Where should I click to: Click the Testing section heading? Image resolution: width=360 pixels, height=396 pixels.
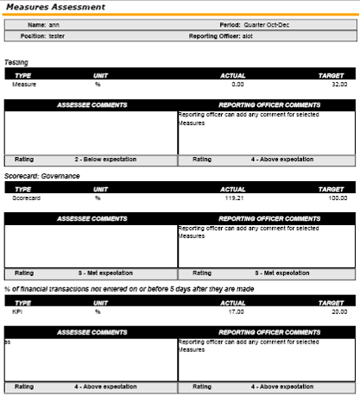point(16,62)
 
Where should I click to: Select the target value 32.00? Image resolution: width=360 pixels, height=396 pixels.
point(338,85)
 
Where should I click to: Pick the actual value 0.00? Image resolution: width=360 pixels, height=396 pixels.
point(237,85)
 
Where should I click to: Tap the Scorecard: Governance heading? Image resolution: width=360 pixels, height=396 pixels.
point(41,176)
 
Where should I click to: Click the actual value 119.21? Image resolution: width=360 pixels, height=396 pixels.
point(234,198)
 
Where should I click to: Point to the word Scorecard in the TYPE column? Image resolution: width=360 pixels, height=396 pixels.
point(27,198)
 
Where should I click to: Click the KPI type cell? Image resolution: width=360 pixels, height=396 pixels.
point(17,311)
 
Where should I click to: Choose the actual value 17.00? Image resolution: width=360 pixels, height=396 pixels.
point(236,311)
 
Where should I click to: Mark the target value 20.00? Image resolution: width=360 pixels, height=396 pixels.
point(338,311)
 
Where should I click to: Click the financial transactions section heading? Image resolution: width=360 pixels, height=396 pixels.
point(129,289)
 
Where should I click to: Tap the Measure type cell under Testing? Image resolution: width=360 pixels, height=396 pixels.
point(24,85)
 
